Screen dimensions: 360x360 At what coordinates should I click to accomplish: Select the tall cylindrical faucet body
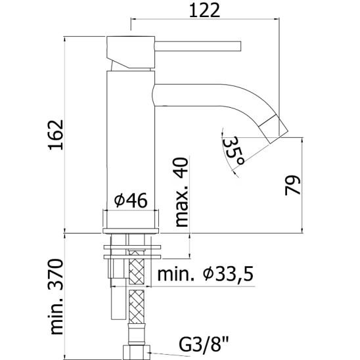click(x=129, y=131)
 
